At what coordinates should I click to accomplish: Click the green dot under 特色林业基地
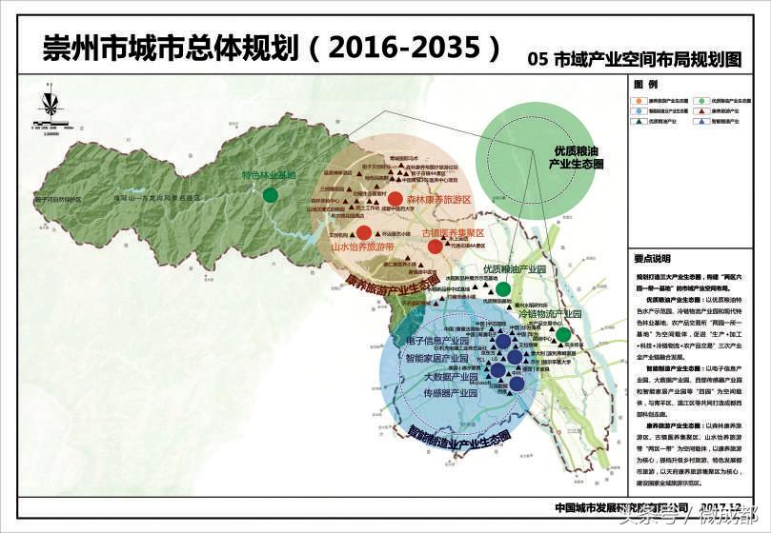point(271,195)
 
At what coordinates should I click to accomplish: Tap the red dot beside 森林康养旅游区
point(395,199)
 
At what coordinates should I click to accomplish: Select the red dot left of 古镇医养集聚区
point(435,247)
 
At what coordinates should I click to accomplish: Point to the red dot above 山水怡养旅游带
point(363,232)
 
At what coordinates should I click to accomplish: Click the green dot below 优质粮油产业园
point(503,288)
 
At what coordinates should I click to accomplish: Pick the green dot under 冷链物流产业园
point(563,334)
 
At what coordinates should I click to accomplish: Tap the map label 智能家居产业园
point(436,360)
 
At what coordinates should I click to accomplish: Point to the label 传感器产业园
point(449,392)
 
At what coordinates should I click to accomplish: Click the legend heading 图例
point(644,84)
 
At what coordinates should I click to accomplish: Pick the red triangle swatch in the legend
point(703,110)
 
